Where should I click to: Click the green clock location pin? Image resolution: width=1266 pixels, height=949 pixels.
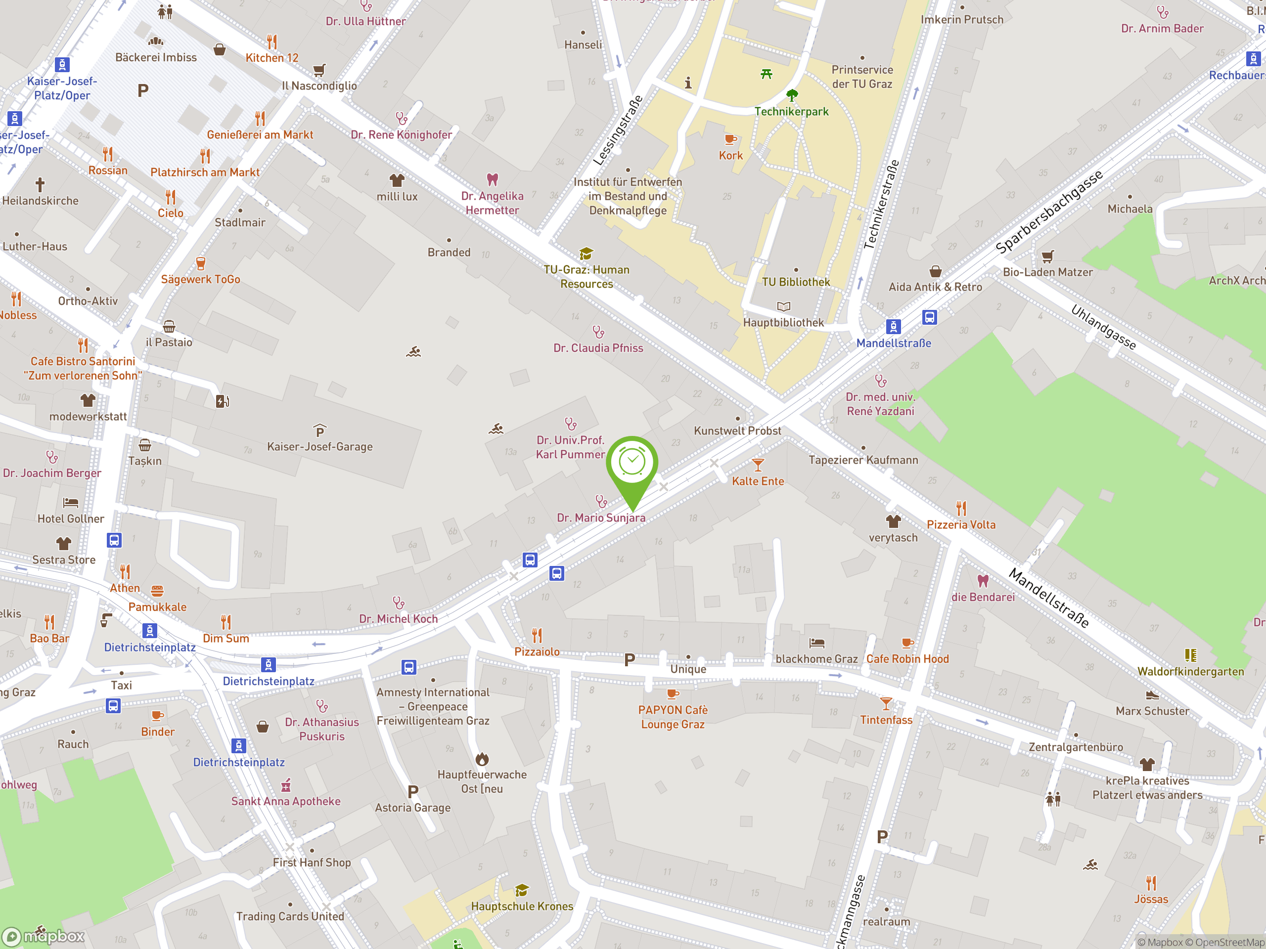click(632, 463)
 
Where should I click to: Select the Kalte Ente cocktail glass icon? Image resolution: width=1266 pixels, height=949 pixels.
click(758, 465)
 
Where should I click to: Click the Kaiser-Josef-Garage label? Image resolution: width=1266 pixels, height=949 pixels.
click(319, 447)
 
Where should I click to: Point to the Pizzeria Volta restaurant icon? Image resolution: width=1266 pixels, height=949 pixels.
click(961, 508)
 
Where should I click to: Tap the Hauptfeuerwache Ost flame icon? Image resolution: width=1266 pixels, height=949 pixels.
click(482, 759)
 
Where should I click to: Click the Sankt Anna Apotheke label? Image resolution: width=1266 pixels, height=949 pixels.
click(286, 801)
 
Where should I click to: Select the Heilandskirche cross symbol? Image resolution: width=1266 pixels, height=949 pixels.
click(40, 185)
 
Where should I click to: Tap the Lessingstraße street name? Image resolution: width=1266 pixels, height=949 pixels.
click(618, 131)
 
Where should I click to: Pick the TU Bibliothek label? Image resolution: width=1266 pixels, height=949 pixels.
click(796, 282)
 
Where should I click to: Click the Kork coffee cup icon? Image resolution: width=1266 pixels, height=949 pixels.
click(730, 139)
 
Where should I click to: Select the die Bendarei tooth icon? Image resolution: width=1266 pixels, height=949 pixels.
click(983, 581)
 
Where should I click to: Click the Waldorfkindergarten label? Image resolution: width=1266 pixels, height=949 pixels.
click(1190, 672)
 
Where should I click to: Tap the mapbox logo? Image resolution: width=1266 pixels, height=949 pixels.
click(44, 937)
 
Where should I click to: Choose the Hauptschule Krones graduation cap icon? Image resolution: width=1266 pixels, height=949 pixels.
click(521, 891)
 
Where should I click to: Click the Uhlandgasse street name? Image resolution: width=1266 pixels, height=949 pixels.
click(1103, 327)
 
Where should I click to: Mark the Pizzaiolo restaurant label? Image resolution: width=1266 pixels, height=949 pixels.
click(537, 652)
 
